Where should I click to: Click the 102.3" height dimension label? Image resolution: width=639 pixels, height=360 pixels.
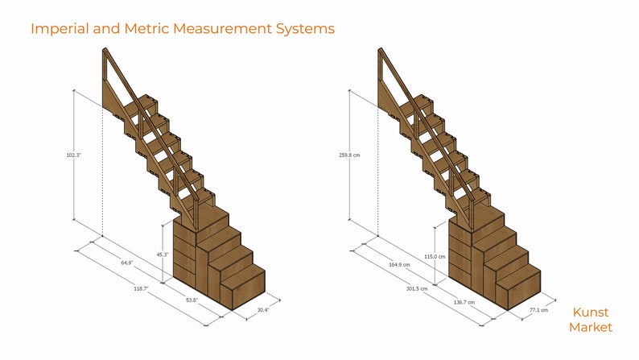click(x=73, y=155)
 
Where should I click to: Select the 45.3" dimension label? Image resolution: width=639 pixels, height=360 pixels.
click(x=163, y=255)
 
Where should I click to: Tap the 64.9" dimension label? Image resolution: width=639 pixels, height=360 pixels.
click(x=127, y=263)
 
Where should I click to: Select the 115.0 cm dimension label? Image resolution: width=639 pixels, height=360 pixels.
click(x=435, y=256)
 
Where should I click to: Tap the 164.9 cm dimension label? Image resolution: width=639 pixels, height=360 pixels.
click(x=401, y=263)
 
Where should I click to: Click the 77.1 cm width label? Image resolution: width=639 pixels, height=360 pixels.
click(x=538, y=309)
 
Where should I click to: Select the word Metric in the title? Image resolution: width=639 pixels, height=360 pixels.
click(x=147, y=29)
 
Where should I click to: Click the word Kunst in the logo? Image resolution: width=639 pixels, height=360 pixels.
click(x=590, y=312)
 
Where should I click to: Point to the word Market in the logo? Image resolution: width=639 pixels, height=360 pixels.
click(x=590, y=327)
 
